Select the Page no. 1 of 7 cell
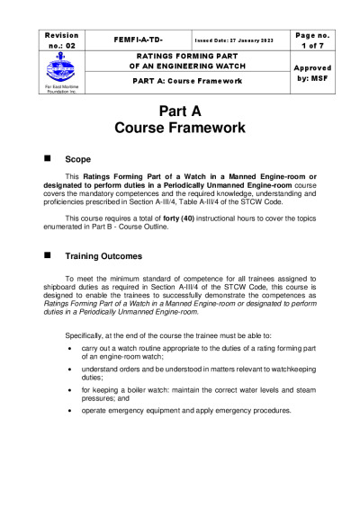[x=312, y=40]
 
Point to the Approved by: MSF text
[x=312, y=74]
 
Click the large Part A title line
[x=180, y=111]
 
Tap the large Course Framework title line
[x=180, y=129]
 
